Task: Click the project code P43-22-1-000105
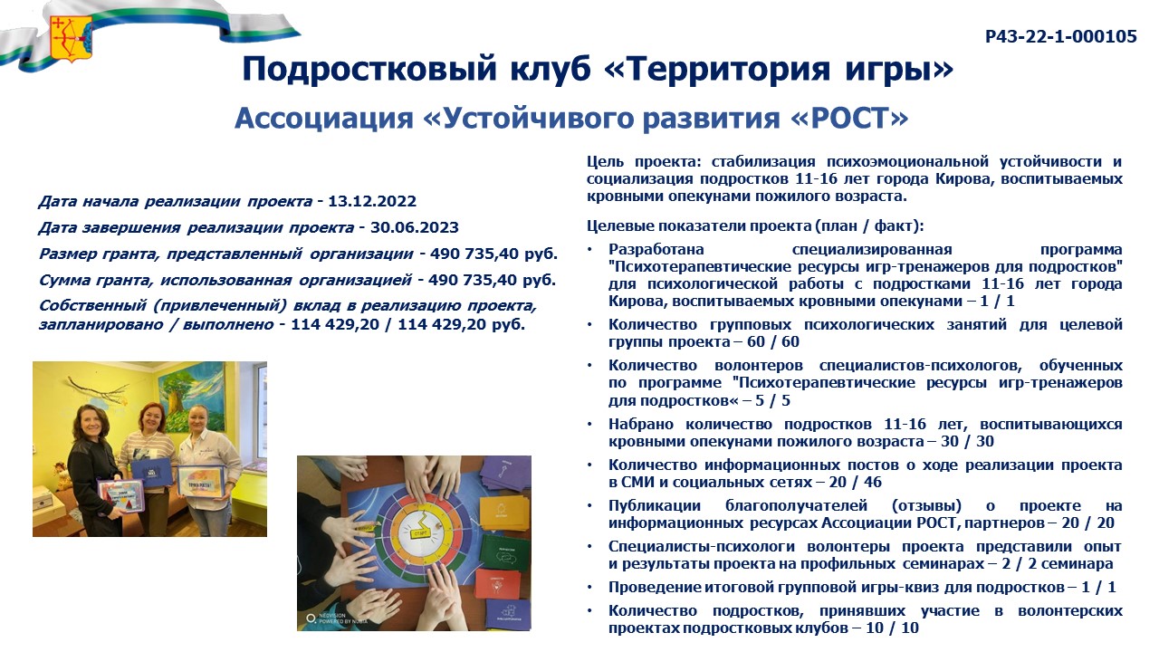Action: tap(1060, 36)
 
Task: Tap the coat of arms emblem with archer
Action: tap(71, 38)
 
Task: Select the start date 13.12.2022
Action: tap(372, 201)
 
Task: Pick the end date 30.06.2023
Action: tap(415, 227)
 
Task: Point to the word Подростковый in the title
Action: tap(369, 70)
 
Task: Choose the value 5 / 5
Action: tap(773, 400)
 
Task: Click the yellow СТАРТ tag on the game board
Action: tap(420, 532)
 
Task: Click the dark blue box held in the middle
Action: tap(151, 473)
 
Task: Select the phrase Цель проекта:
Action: tap(644, 162)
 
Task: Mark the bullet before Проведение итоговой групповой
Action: tap(590, 589)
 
